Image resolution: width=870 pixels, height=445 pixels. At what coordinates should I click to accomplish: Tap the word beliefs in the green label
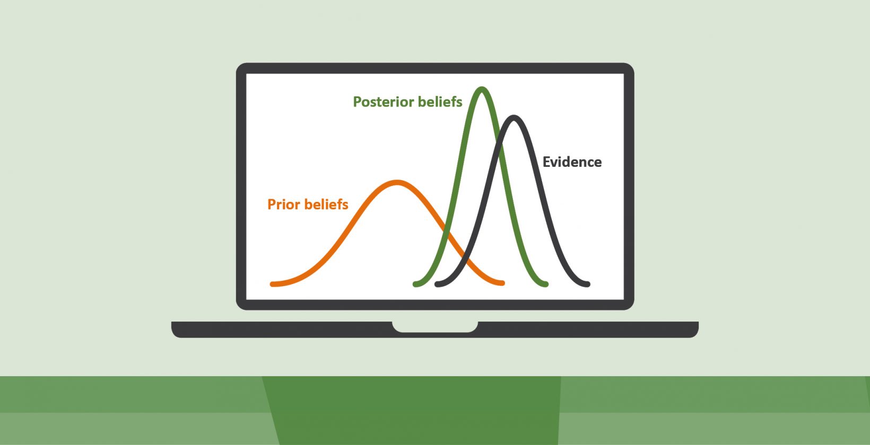tap(440, 102)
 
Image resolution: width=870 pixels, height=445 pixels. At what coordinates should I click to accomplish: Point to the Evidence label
tap(572, 162)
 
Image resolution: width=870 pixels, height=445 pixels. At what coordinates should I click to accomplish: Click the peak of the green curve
tap(482, 89)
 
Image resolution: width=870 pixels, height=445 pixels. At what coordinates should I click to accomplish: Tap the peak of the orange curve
tap(397, 183)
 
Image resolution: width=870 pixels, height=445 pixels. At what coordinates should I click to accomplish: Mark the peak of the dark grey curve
tap(514, 118)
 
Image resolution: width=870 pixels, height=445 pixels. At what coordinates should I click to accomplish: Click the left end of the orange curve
tap(273, 284)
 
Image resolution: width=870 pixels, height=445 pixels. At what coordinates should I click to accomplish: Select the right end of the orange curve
tap(502, 283)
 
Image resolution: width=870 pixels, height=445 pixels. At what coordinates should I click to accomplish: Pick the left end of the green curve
tap(415, 284)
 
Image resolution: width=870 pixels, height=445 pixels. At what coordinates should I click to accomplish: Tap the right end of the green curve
tap(545, 284)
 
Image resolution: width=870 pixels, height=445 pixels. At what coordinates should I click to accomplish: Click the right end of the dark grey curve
tap(587, 284)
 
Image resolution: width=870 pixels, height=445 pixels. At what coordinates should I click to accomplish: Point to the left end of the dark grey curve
tap(437, 284)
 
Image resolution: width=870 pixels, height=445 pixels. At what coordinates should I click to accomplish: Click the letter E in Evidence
tap(547, 162)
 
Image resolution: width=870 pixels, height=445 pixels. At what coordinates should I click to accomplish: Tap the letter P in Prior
tap(271, 204)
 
